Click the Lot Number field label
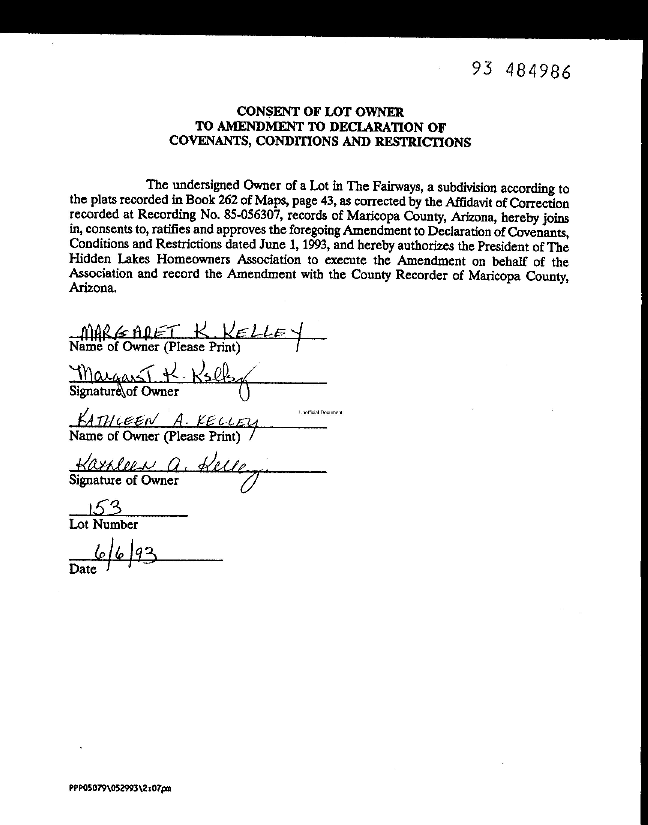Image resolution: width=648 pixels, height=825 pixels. [103, 524]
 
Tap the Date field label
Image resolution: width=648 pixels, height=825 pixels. [82, 569]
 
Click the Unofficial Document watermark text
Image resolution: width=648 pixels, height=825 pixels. [320, 412]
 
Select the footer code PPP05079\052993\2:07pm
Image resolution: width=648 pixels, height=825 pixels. [120, 788]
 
